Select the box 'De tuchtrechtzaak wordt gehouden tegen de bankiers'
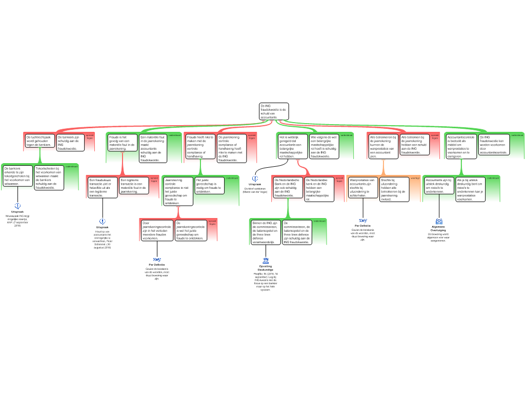[39, 141]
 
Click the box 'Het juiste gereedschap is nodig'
[209, 185]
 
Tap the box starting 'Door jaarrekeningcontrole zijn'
[157, 231]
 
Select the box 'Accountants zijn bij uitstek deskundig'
[439, 186]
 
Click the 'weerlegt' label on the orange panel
[415, 178]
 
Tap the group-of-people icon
[439, 222]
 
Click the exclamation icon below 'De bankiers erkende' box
[17, 206]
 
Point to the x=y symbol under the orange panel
[363, 221]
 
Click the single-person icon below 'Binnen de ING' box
[266, 261]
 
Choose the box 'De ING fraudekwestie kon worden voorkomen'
[494, 145]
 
